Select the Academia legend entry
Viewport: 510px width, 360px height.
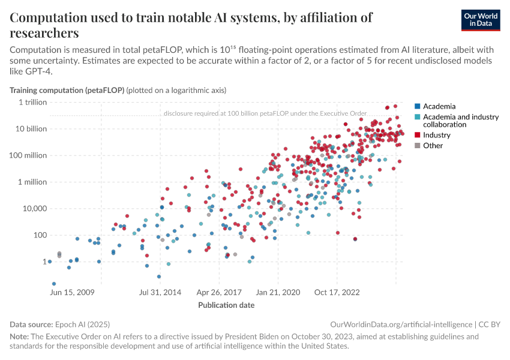(x=439, y=106)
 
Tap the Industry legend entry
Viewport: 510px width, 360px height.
(x=436, y=135)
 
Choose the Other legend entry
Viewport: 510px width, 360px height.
(x=433, y=145)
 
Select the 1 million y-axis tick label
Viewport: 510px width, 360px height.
(x=31, y=182)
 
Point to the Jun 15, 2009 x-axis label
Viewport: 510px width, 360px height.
(x=73, y=292)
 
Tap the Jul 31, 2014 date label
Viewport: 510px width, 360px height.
(x=160, y=292)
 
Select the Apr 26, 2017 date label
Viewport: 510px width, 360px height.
(x=220, y=292)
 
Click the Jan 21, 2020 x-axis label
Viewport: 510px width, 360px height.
(x=278, y=292)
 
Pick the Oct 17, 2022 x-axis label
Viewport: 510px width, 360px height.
(x=337, y=292)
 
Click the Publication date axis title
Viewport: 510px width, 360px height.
(x=226, y=305)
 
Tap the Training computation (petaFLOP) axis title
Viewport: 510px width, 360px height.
(x=67, y=91)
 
